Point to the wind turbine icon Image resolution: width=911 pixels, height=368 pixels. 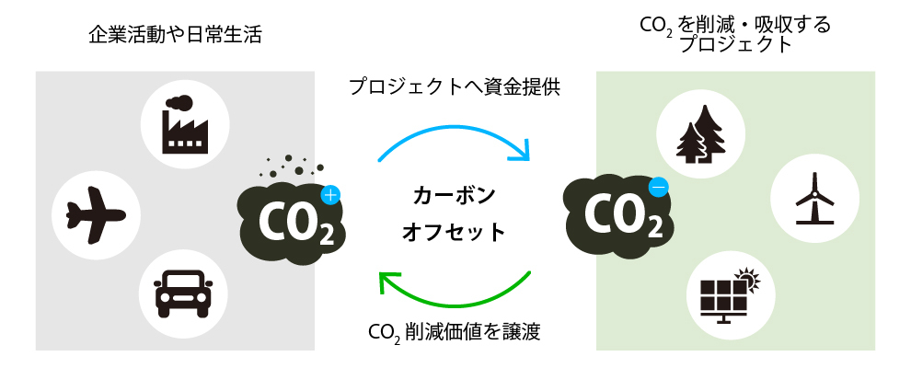coord(813,199)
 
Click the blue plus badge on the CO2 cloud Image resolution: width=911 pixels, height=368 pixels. coord(331,195)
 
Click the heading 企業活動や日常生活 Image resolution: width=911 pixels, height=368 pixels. coord(176,36)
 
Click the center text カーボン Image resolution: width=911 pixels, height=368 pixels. coord(455,195)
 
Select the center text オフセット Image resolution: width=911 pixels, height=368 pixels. coord(455,232)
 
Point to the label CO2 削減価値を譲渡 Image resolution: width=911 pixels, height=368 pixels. coord(454,331)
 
